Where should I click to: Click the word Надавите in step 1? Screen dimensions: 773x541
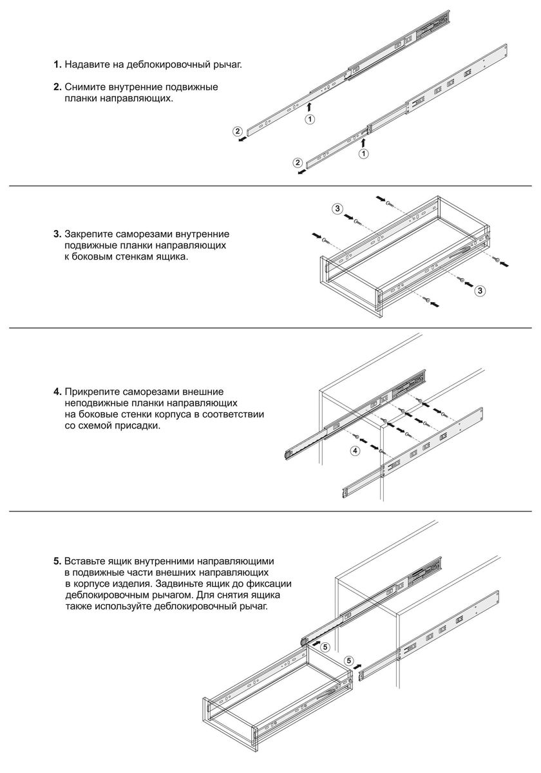pyautogui.click(x=86, y=65)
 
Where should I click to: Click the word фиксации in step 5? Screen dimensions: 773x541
pyautogui.click(x=270, y=584)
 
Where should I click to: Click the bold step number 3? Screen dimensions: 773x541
pyautogui.click(x=57, y=233)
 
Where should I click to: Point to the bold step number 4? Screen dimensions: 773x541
pyautogui.click(x=57, y=391)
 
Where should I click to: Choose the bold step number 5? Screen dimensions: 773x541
pyautogui.click(x=57, y=560)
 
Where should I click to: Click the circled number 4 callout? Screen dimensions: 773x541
pyautogui.click(x=355, y=451)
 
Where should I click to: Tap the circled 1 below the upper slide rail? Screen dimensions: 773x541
pyautogui.click(x=310, y=119)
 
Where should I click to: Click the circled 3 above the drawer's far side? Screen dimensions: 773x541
pyautogui.click(x=337, y=208)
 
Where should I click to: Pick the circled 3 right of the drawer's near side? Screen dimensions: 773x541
pyautogui.click(x=480, y=291)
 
